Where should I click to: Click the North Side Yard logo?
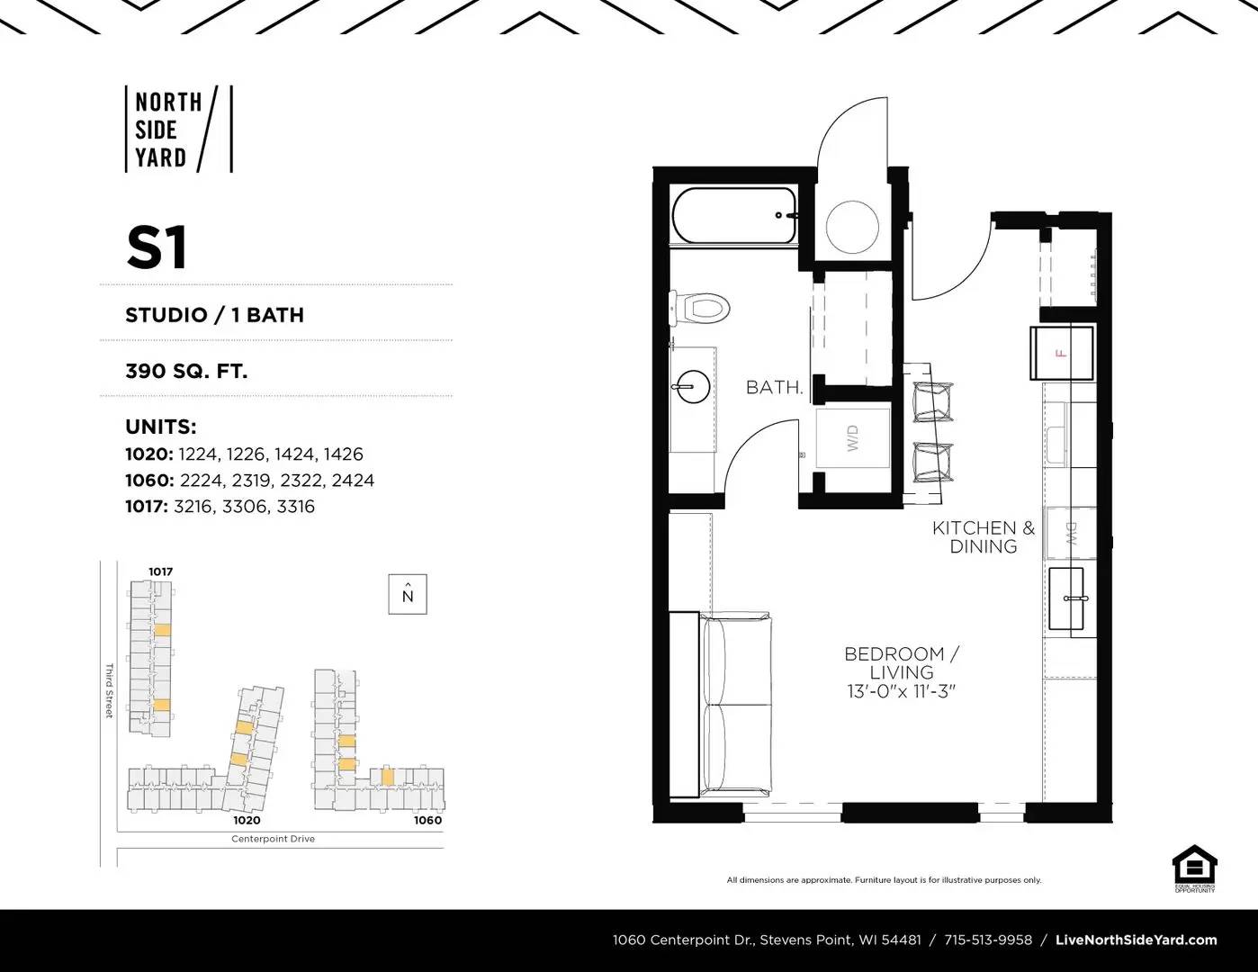178,130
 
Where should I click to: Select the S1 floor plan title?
157,248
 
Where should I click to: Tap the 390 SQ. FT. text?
186,371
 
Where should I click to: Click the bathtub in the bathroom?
734,216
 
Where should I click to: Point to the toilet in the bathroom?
699,308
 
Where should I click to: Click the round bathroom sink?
691,387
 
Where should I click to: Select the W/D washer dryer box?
853,438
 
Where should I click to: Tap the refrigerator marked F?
1062,353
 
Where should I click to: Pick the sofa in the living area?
737,705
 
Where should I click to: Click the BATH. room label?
774,388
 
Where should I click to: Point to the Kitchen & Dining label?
984,537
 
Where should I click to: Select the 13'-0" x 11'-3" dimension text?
901,692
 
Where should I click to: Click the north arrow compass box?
408,594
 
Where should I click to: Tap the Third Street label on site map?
109,690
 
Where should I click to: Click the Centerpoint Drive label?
273,839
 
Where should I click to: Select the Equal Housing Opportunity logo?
1194,868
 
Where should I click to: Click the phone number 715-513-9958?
988,940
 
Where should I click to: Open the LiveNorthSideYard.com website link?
1136,940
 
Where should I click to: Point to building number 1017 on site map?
160,571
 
